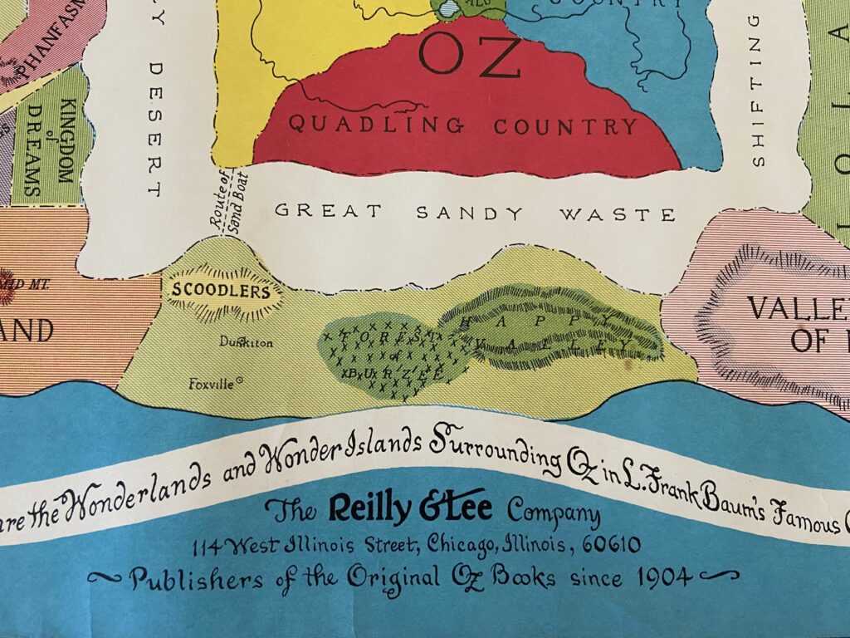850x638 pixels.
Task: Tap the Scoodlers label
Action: [222, 292]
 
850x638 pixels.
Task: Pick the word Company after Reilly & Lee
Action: [554, 513]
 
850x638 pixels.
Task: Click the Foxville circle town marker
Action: [240, 381]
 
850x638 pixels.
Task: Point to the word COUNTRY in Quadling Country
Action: [565, 127]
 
